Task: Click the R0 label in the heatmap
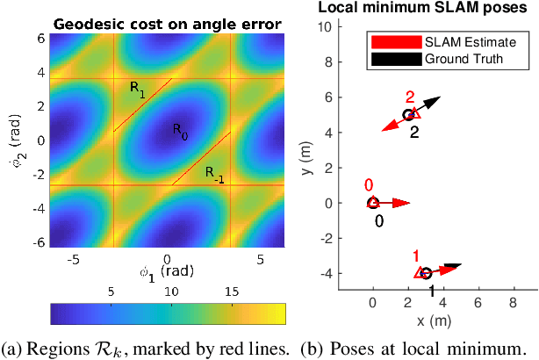coord(178,133)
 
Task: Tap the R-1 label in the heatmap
coord(215,175)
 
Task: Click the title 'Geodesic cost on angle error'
coord(167,25)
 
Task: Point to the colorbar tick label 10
coord(172,290)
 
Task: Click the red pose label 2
coord(409,97)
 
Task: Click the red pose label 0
coord(369,185)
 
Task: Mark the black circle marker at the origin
coord(373,203)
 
